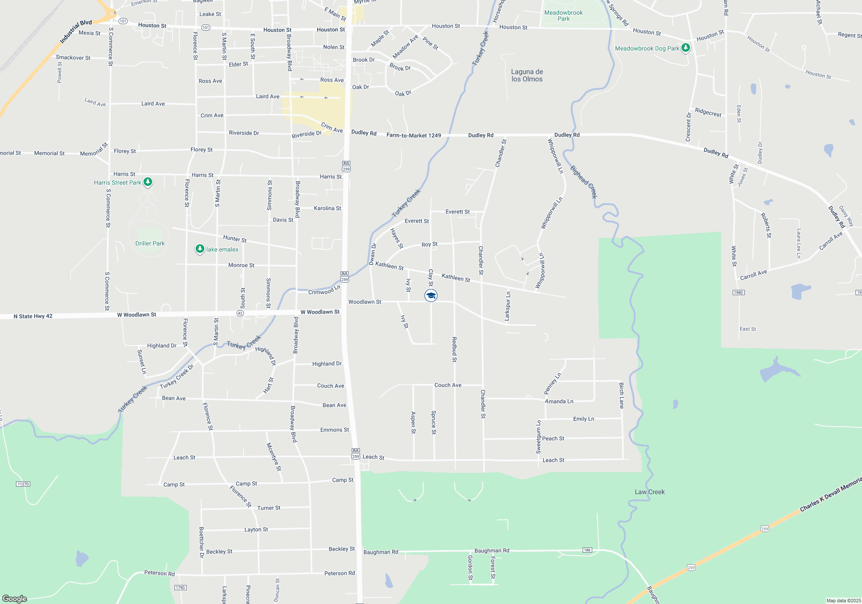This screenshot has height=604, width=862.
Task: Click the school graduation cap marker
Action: tap(431, 296)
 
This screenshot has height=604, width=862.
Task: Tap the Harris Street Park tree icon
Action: tap(148, 182)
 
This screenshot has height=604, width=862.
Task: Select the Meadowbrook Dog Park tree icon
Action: tap(686, 48)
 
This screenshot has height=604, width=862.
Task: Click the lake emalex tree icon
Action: tap(200, 249)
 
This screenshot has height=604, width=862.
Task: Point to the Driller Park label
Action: tap(150, 243)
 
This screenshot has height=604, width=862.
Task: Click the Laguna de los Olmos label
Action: tap(527, 75)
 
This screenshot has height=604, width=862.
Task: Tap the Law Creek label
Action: tap(650, 492)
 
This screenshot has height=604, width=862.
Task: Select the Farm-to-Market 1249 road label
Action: tap(414, 135)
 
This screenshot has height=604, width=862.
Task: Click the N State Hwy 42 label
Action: tap(33, 316)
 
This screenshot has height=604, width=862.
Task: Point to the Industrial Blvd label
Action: tap(76, 31)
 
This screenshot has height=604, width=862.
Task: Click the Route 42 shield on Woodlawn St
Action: tap(240, 313)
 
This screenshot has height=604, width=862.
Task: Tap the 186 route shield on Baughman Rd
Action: tap(587, 550)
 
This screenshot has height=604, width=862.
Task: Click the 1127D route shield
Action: tap(23, 484)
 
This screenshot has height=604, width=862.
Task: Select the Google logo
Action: tap(15, 598)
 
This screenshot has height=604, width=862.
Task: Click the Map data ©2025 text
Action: tap(843, 601)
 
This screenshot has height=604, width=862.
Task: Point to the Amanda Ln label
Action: tap(559, 401)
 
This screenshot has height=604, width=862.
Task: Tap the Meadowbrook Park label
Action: tap(563, 16)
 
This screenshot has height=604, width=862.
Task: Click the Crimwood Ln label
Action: tap(324, 290)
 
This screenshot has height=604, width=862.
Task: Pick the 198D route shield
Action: tap(738, 293)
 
